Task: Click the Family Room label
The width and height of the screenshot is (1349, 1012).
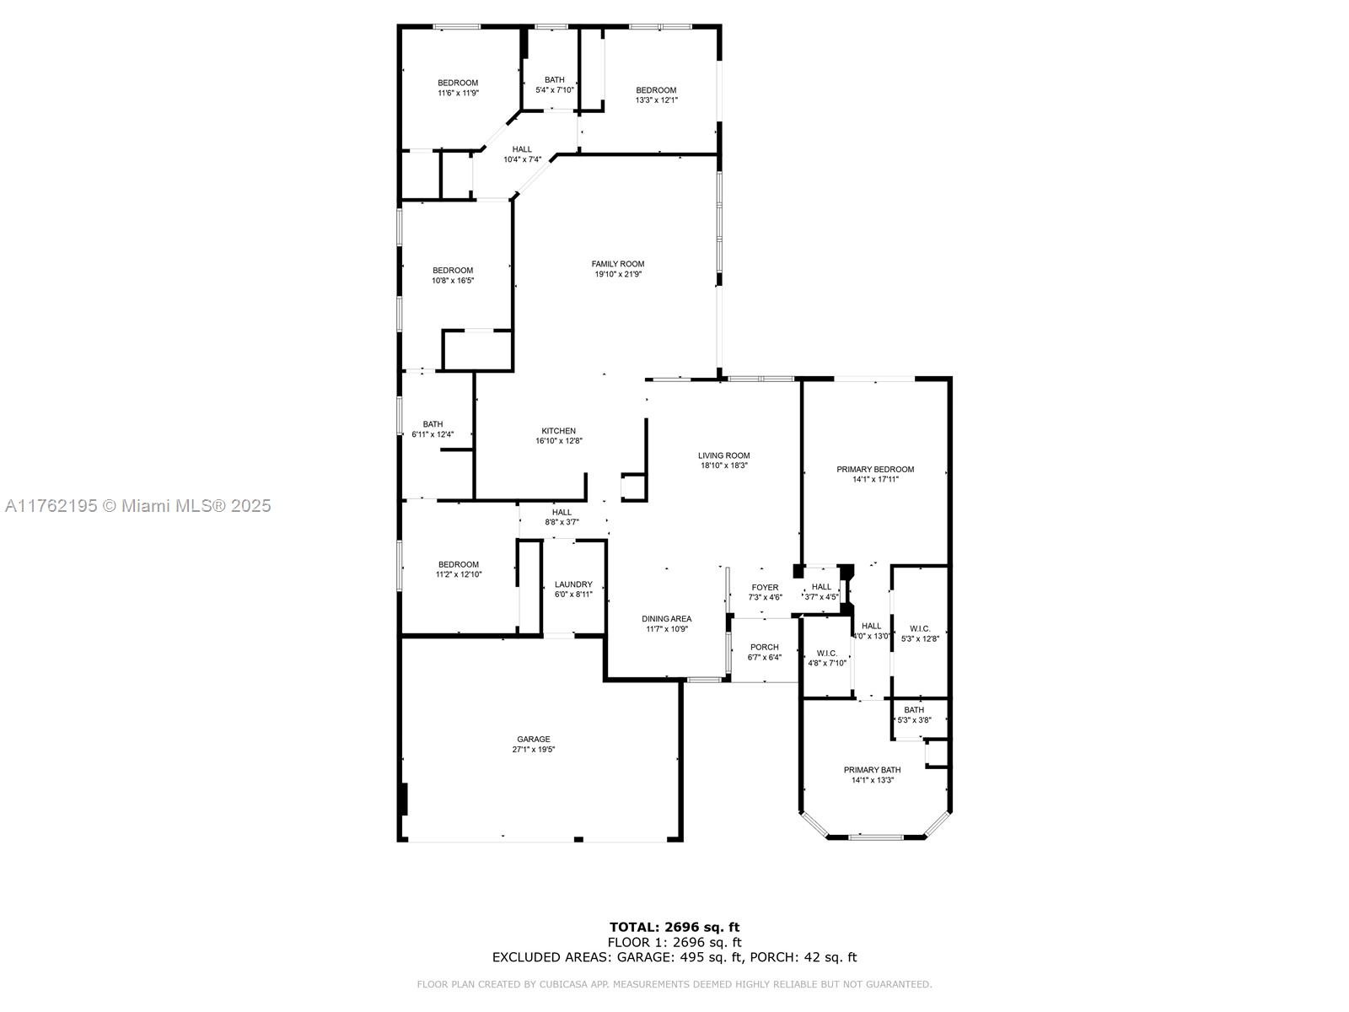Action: tap(618, 264)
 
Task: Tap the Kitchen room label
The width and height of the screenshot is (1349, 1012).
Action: tap(558, 431)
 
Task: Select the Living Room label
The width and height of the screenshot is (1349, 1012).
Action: tap(723, 455)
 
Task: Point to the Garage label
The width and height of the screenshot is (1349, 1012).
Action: tap(533, 740)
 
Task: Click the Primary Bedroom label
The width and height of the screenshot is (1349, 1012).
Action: tap(874, 470)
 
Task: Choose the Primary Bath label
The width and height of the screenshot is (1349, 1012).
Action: tap(872, 770)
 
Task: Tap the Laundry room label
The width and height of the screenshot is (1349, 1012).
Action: tap(572, 584)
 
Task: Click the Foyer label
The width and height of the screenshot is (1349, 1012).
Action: tap(765, 588)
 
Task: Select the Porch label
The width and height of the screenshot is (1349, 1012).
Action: tap(764, 647)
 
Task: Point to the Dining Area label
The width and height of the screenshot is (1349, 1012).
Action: tap(666, 619)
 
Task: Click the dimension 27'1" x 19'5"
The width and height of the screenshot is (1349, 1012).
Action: tap(533, 750)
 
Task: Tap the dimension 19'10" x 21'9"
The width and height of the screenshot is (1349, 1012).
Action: tap(618, 275)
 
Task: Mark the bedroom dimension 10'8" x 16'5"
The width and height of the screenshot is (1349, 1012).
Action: tap(452, 281)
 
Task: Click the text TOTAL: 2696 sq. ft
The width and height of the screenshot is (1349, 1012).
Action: tap(674, 927)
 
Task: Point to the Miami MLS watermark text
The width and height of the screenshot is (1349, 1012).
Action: tap(137, 506)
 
